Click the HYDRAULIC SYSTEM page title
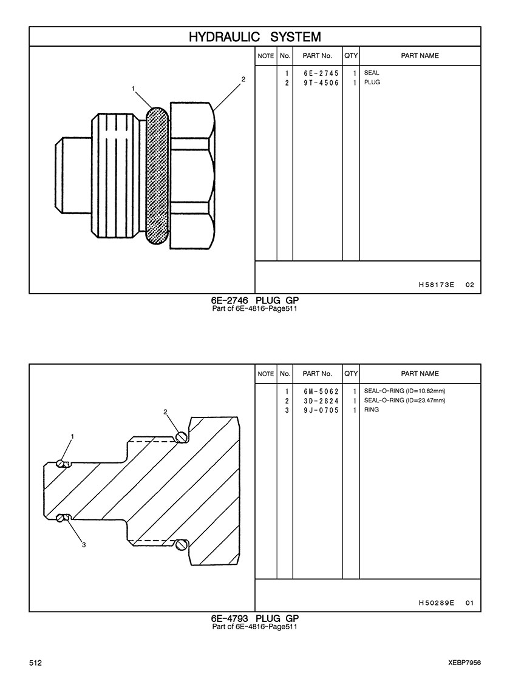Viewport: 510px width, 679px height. pyautogui.click(x=255, y=37)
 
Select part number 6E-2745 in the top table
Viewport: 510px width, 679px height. pyautogui.click(x=321, y=73)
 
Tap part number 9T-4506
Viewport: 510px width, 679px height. pyautogui.click(x=321, y=83)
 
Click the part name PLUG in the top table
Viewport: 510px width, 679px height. pyautogui.click(x=372, y=83)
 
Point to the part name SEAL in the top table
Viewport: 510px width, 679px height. pyautogui.click(x=372, y=73)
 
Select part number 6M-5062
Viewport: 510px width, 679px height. pyautogui.click(x=321, y=391)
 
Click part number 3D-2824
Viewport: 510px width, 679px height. pyautogui.click(x=321, y=401)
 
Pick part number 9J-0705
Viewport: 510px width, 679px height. pyautogui.click(x=321, y=410)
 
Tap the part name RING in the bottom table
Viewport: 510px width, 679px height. pyautogui.click(x=372, y=410)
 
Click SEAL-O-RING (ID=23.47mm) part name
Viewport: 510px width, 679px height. pyautogui.click(x=405, y=400)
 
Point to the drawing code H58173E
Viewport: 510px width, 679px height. pyautogui.click(x=437, y=285)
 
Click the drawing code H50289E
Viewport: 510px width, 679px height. pyautogui.click(x=437, y=603)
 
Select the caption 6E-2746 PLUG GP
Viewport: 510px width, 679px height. pyautogui.click(x=255, y=300)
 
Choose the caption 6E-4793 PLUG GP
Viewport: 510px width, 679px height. pyautogui.click(x=255, y=618)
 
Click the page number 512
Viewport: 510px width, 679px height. pyautogui.click(x=36, y=663)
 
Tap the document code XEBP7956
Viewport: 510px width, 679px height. pyautogui.click(x=465, y=663)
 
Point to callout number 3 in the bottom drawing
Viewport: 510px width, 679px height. pyautogui.click(x=84, y=545)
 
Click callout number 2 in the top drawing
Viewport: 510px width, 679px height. pyautogui.click(x=243, y=79)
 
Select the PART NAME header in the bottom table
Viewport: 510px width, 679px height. pyautogui.click(x=420, y=374)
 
